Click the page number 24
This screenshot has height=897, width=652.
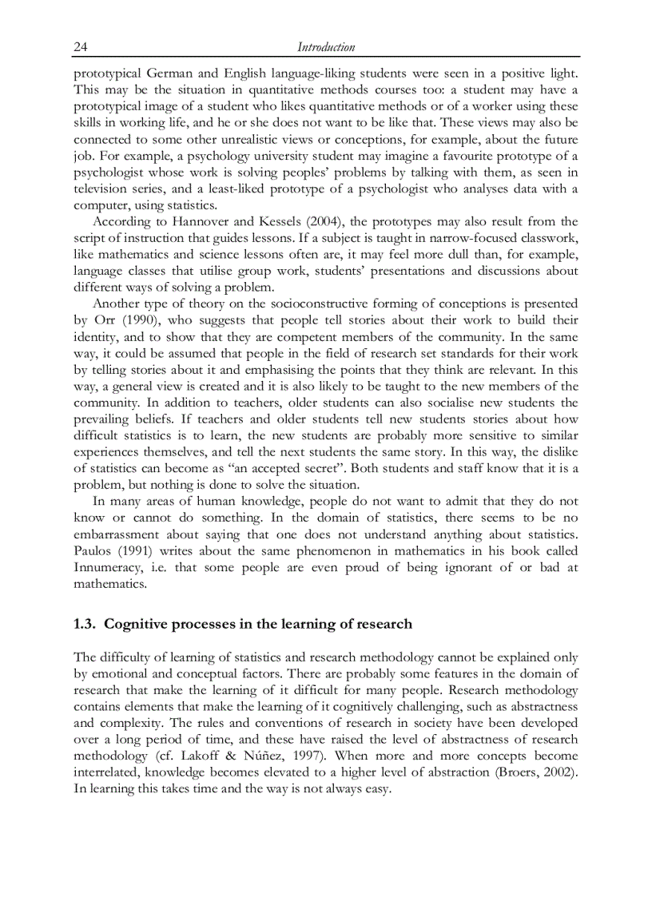pos(80,47)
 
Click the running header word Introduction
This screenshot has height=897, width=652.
pos(326,47)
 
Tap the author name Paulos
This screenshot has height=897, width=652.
pos(94,551)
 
